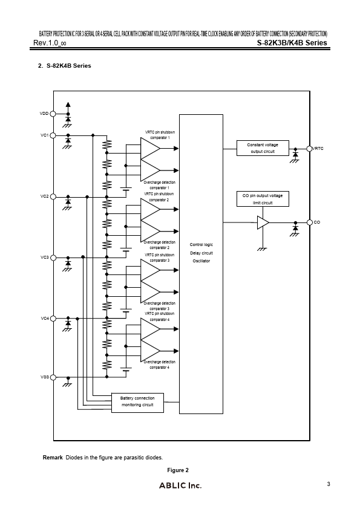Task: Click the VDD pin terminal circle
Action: pos(53,113)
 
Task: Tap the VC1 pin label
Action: pos(44,135)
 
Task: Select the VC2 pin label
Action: pos(44,196)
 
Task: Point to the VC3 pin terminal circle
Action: pos(53,258)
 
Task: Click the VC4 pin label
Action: pos(44,318)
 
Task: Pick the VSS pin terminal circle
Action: pos(53,377)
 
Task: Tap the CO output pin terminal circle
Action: pos(309,222)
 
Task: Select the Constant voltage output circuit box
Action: pos(262,148)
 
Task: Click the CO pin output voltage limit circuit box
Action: pos(262,199)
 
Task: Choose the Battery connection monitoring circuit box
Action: pos(137,401)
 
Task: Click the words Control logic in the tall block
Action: pos(201,244)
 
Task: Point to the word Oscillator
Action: pos(201,261)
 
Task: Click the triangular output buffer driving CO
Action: pos(263,222)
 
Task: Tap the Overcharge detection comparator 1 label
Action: pos(160,184)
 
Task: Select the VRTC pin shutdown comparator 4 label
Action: pos(160,316)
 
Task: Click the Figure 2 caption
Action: pos(178,470)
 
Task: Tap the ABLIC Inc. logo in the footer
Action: pos(180,485)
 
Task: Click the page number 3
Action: pos(328,484)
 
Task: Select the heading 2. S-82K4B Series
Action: pos(64,65)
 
